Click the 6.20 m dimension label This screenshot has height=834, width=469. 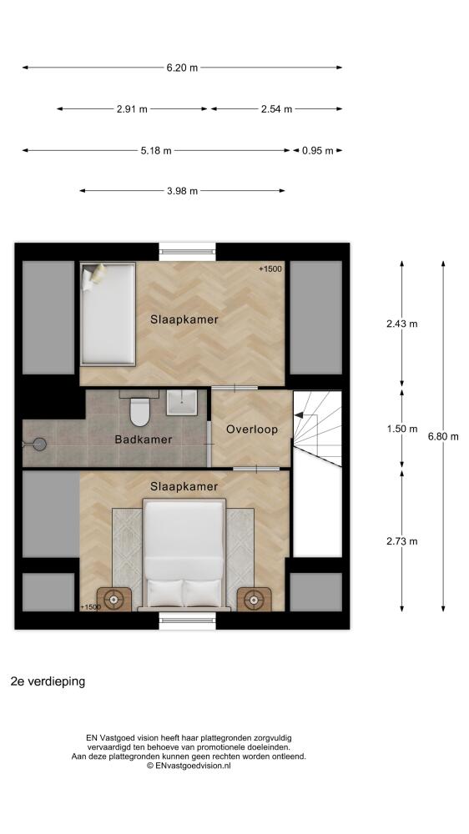click(x=182, y=68)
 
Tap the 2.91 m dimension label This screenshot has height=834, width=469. click(x=132, y=109)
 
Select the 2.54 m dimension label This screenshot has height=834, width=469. click(x=276, y=109)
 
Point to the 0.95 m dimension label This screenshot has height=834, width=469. click(x=317, y=150)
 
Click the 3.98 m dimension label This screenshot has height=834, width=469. click(x=182, y=191)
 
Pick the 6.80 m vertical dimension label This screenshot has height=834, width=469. click(x=443, y=437)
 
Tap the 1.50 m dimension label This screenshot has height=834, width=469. click(x=402, y=430)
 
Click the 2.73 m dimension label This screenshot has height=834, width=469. click(x=402, y=541)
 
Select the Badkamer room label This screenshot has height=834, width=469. click(x=144, y=440)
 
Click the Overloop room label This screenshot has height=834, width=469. click(x=252, y=430)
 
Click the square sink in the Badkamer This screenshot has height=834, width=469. click(x=182, y=403)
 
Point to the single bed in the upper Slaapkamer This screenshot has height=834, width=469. click(x=108, y=314)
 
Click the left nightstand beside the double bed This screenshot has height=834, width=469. click(x=114, y=600)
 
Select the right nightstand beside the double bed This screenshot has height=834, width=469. click(x=254, y=600)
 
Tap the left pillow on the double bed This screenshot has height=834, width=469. click(x=164, y=593)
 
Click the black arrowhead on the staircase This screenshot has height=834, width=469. click(x=300, y=414)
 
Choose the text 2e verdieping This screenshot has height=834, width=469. click(x=48, y=681)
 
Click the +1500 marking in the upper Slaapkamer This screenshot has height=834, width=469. click(x=270, y=269)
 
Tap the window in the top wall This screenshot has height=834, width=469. click(x=188, y=252)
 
